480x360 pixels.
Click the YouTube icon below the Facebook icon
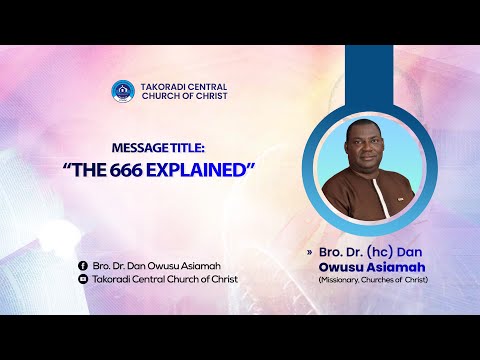pyautogui.click(x=82, y=279)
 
